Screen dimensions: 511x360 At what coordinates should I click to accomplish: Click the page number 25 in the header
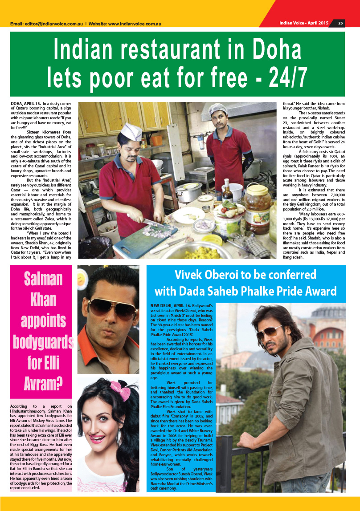coord(340,23)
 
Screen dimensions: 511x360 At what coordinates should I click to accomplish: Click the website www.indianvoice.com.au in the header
coord(135,24)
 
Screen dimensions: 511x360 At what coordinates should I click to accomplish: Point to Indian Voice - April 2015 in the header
coord(303,23)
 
